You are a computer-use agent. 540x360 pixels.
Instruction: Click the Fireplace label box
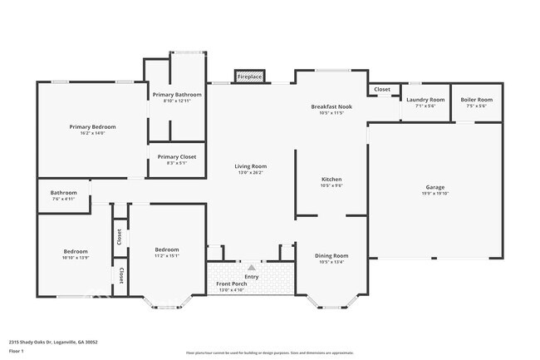click(x=249, y=76)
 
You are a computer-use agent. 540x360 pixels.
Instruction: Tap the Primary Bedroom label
click(x=91, y=126)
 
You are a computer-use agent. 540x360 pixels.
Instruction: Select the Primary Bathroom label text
click(x=177, y=95)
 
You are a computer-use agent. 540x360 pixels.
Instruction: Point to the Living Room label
click(x=250, y=166)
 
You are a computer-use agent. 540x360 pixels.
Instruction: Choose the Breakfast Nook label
click(x=331, y=106)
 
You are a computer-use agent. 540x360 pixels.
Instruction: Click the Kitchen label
click(x=331, y=179)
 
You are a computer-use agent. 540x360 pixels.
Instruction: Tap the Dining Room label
click(x=331, y=256)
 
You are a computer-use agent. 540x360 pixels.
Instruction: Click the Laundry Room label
click(x=425, y=100)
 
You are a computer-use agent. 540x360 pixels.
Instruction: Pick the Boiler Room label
click(x=476, y=100)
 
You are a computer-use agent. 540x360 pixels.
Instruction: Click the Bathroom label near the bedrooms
click(x=63, y=193)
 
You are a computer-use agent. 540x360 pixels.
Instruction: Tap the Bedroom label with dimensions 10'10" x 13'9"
click(x=76, y=251)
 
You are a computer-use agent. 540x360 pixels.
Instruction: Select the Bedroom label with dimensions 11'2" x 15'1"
click(x=167, y=249)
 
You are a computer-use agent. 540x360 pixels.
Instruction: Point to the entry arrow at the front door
click(x=250, y=267)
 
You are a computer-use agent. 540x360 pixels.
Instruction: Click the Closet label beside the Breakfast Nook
click(x=381, y=89)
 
